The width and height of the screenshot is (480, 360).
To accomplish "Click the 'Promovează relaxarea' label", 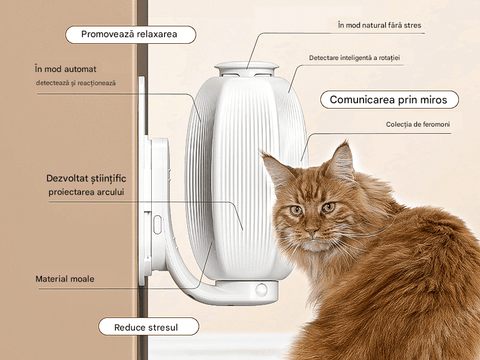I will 130,34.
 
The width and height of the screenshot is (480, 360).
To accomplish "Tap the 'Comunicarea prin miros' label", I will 389,100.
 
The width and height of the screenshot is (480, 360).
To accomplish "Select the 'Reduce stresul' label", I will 148,327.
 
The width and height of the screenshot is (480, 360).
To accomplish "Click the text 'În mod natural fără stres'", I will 379,26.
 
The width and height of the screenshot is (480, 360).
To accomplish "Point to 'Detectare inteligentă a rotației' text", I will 355,58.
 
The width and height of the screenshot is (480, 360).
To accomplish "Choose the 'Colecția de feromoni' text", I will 418,125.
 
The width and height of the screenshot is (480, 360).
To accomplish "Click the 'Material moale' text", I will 65,279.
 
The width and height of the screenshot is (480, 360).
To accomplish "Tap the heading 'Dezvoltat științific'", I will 86,179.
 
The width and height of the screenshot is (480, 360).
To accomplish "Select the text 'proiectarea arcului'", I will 90,192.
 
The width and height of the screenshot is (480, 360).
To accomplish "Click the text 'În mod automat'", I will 66,69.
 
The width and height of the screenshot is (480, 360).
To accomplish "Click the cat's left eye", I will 296,210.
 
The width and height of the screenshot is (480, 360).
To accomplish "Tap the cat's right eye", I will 328,208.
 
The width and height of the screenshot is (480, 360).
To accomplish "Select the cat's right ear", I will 342,161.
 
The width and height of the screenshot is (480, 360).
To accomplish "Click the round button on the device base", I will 261,289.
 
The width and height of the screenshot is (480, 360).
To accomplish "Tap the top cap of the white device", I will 247,68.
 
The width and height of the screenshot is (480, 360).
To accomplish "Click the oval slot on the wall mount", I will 157,225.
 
